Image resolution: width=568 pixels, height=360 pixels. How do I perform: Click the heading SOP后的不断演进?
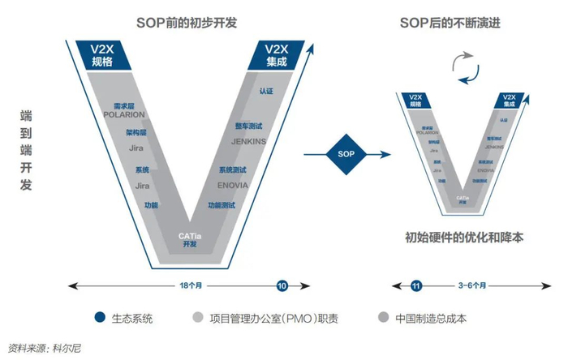point(450,22)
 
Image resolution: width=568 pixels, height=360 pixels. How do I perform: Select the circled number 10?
point(282,285)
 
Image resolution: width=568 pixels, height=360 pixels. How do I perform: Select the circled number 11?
point(416,285)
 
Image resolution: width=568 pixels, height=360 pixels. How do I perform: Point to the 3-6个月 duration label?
point(472,285)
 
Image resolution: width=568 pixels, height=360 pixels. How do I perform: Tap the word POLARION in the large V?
point(125,114)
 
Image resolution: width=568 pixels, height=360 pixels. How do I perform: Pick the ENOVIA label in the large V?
point(233,185)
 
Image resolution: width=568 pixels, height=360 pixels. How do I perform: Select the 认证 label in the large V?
point(266,92)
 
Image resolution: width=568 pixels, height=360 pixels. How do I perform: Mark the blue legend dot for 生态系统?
point(100,317)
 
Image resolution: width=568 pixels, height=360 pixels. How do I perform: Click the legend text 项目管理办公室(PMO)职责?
point(268,317)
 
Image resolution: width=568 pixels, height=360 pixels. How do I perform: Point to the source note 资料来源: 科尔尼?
point(45,348)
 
